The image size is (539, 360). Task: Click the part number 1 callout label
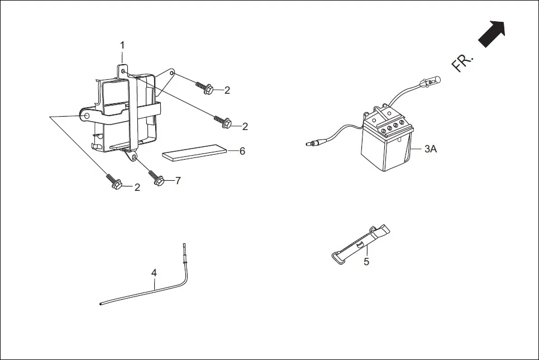tap(122, 45)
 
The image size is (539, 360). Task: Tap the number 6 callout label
tap(242, 151)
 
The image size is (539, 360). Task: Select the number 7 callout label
tap(178, 181)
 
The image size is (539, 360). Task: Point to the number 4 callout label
tap(154, 272)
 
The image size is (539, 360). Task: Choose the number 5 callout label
tap(366, 261)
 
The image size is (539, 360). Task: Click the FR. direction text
tap(462, 63)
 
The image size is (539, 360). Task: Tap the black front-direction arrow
tap(492, 34)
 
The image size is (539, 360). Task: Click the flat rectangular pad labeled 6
tap(195, 152)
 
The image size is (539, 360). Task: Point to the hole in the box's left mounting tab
tap(87, 116)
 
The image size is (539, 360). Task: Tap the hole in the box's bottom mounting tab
tap(132, 157)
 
